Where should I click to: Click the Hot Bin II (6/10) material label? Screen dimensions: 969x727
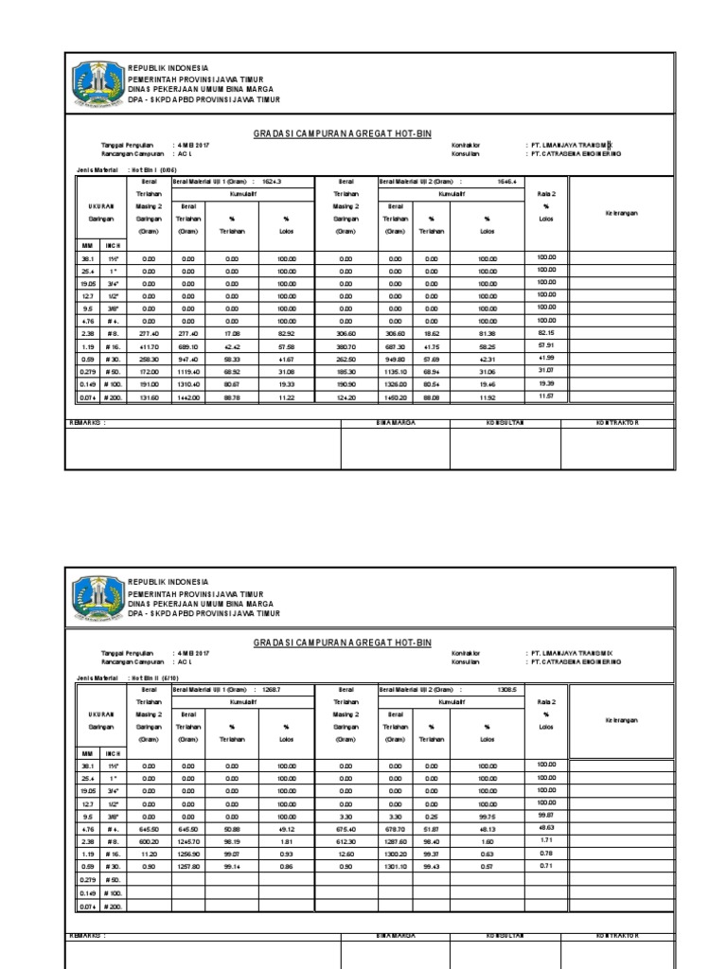coord(151,678)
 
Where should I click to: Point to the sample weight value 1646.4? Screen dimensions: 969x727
coord(508,180)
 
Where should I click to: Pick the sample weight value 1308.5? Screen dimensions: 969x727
coord(508,689)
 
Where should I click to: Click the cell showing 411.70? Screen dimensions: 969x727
coord(148,347)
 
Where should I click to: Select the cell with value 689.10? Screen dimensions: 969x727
coord(188,347)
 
